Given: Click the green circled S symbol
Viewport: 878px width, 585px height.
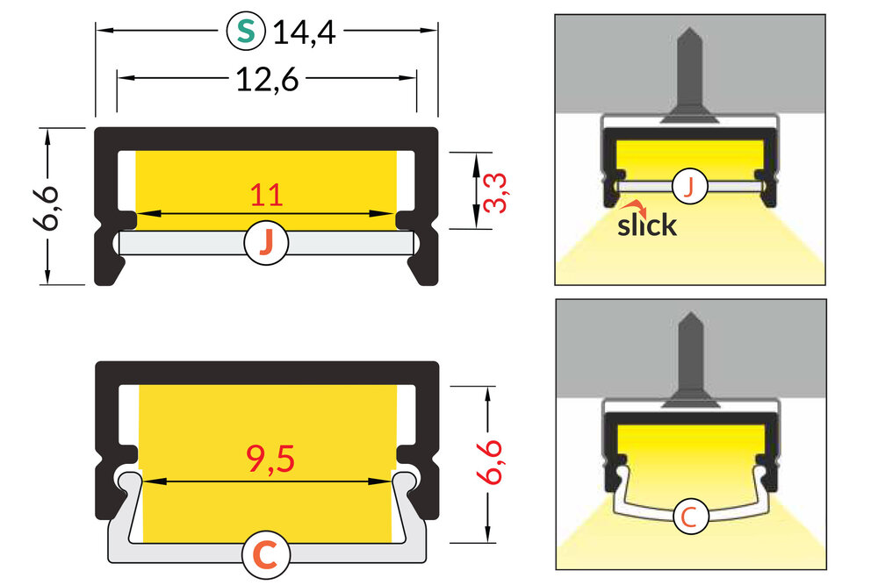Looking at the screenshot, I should point(246,31).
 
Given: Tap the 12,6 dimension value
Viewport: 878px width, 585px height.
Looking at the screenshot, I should point(267,80).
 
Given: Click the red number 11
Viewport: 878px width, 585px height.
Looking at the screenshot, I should point(266,195).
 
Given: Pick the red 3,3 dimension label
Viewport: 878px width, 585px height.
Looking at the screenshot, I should point(496,191).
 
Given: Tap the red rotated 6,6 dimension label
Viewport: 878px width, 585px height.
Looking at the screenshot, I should point(496,461).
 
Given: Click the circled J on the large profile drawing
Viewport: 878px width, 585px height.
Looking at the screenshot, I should point(266,243).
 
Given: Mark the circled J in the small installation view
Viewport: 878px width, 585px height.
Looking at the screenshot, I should point(690,186).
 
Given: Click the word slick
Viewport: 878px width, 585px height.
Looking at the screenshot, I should point(647,225).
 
